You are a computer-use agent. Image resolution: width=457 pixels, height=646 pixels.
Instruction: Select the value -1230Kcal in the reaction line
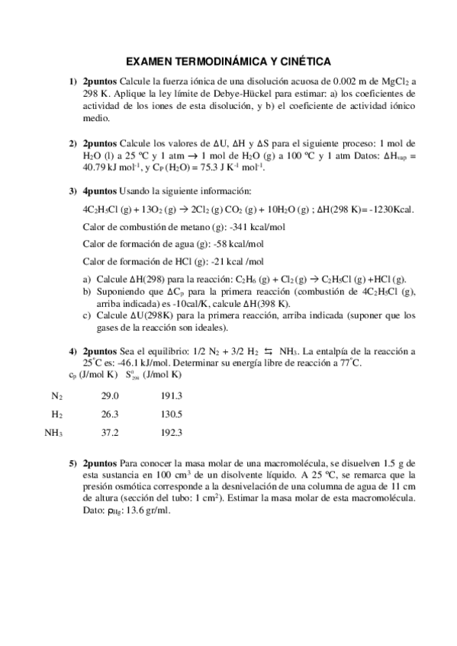click(386, 209)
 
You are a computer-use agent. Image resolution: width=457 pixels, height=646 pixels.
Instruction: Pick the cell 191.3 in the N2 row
click(172, 396)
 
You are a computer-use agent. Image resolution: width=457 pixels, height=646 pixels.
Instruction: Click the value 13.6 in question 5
click(135, 510)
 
